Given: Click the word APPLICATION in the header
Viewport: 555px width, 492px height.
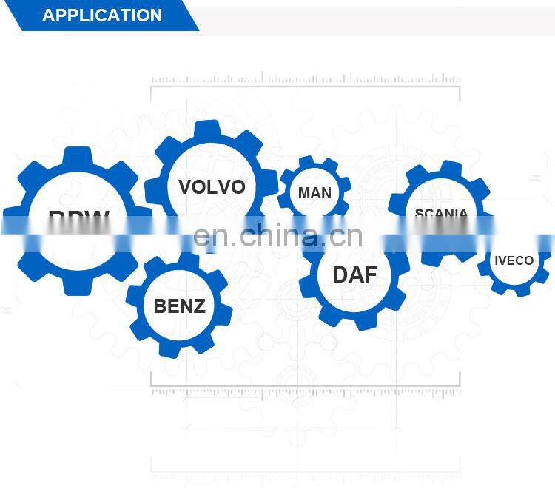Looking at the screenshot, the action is click(x=102, y=16).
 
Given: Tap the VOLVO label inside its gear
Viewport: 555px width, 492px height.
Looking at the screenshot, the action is click(x=212, y=186).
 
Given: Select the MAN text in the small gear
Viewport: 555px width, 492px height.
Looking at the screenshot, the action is click(x=314, y=193).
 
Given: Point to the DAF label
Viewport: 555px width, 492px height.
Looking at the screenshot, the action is click(x=354, y=275).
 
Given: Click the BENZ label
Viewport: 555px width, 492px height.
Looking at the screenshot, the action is click(x=179, y=306).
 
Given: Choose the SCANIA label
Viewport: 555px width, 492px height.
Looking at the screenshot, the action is click(x=441, y=214).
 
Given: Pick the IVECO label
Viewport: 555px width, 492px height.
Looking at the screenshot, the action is click(x=514, y=260).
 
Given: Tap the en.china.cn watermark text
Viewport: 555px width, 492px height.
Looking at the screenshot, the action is click(x=277, y=237).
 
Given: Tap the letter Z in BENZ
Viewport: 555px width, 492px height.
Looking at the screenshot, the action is click(x=198, y=306).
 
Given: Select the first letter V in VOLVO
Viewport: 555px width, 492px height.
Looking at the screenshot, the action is click(x=186, y=186).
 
